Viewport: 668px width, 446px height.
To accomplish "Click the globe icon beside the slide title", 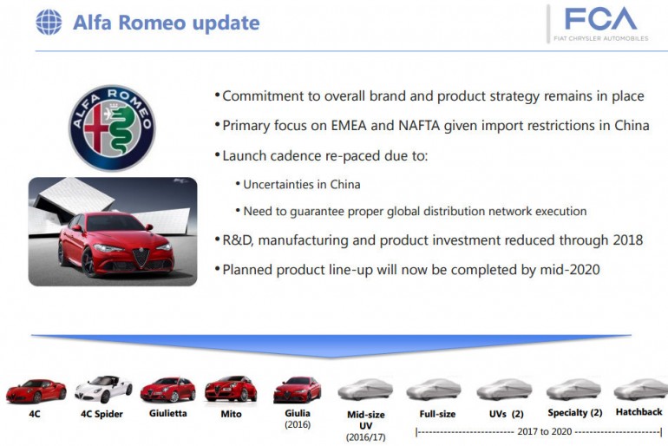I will tap(49, 22).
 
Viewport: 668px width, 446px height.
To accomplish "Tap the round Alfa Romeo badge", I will tap(112, 128).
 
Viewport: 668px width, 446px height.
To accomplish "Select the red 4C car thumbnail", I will tap(36, 391).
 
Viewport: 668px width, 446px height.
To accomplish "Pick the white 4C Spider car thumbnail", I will tap(102, 390).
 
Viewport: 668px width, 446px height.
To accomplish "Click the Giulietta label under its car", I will tap(167, 414).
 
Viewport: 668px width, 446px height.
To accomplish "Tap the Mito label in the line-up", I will tap(230, 414).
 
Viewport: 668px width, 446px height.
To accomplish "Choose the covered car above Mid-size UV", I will tap(365, 390).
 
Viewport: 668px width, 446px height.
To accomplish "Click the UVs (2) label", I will tap(505, 414).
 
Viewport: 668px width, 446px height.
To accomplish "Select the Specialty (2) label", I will tap(574, 413).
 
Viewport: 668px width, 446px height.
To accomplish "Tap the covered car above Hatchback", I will tap(640, 390).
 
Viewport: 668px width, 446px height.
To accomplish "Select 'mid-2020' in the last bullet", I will tap(566, 270).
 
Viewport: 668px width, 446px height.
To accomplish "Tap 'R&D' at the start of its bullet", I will tap(239, 239).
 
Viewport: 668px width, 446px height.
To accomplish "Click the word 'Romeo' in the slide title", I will tap(152, 23).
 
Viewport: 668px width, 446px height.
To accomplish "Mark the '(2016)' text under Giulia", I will tap(297, 425).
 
